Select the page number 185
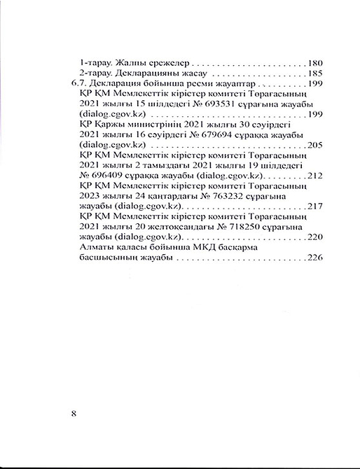[x=314, y=72]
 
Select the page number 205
[x=314, y=145]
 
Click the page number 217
[x=314, y=207]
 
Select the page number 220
[x=314, y=238]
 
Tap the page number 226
[x=314, y=258]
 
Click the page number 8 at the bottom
[x=74, y=412]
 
